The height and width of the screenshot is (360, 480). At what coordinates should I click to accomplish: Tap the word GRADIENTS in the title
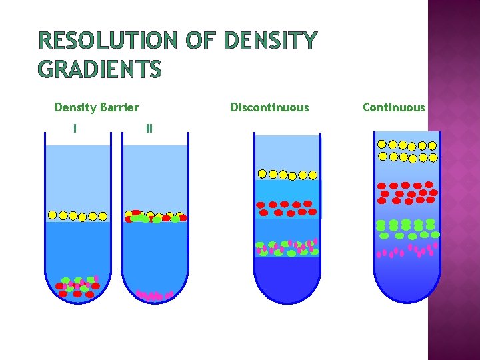tap(100, 69)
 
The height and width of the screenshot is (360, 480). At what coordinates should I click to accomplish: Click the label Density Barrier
tap(97, 107)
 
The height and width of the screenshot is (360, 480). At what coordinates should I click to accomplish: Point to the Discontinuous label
tap(269, 107)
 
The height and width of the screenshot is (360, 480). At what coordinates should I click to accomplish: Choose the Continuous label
tap(393, 107)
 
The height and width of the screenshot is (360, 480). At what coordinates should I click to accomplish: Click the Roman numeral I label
tap(75, 127)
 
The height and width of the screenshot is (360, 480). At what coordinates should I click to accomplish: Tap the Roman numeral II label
tap(149, 127)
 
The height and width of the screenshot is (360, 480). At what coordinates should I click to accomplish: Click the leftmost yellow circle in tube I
tap(53, 215)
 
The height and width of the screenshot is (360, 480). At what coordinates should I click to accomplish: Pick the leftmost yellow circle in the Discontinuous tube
tap(263, 174)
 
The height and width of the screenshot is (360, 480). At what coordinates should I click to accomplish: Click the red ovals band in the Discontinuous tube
tap(287, 208)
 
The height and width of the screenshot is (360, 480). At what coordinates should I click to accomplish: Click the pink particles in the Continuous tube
tap(407, 251)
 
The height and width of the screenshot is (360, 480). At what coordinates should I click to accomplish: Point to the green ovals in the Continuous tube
tap(407, 229)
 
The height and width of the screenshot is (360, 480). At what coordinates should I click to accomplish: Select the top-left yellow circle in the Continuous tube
tap(382, 144)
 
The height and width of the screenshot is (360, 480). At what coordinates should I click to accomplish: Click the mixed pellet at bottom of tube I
tap(78, 287)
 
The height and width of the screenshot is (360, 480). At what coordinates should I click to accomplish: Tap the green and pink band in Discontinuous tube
tap(287, 248)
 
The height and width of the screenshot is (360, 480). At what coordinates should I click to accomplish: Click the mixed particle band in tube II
tap(155, 217)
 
